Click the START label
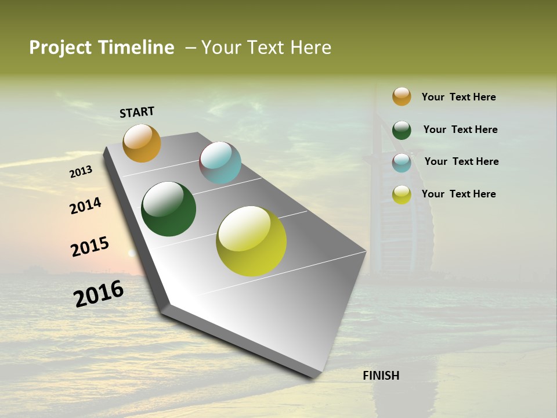tap(137, 112)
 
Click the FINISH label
tap(381, 376)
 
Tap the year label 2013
tap(81, 171)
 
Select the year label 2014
tap(85, 206)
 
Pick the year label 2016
tap(99, 293)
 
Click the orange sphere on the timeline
tap(142, 143)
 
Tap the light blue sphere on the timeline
tap(220, 163)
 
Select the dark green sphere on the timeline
tap(169, 209)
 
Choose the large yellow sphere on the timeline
tap(251, 241)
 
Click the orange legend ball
tap(402, 96)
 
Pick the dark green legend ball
tap(402, 130)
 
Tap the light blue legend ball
tap(402, 163)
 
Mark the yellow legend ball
tap(402, 194)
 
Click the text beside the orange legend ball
tap(458, 97)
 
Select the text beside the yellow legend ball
tap(458, 194)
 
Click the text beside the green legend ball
tap(460, 129)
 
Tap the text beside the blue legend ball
tap(461, 161)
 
